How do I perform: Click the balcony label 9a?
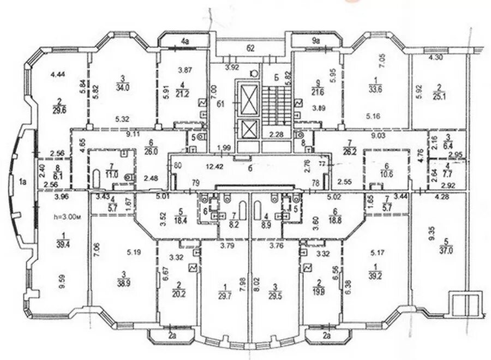(315, 40)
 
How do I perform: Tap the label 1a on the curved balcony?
(22, 181)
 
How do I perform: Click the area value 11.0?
(112, 175)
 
